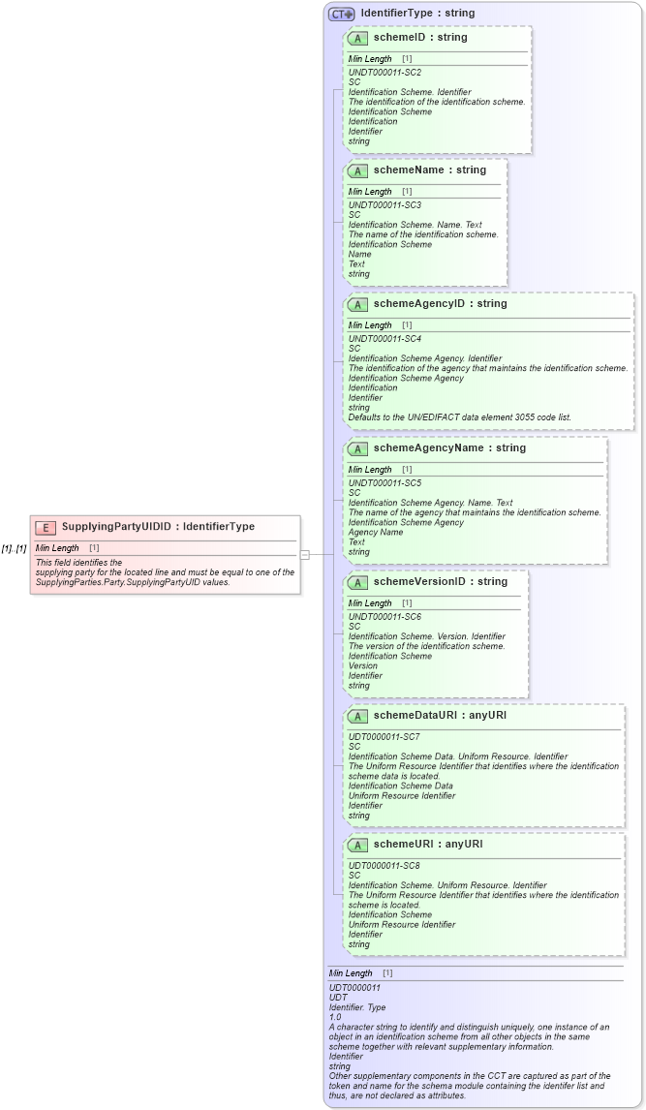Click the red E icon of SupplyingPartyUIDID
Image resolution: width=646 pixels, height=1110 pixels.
pos(45,527)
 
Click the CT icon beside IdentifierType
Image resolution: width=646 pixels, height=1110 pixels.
pos(341,14)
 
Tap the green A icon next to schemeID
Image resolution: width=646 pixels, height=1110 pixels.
pos(357,38)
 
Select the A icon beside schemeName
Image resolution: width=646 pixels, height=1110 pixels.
pos(357,170)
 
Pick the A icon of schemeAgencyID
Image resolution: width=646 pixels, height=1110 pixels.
pos(357,304)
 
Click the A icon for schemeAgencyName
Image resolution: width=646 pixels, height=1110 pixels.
pos(357,448)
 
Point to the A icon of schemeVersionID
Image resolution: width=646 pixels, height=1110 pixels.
pos(357,582)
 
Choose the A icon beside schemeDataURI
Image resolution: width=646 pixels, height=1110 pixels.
pos(357,716)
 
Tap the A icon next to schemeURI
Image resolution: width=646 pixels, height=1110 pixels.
pos(357,845)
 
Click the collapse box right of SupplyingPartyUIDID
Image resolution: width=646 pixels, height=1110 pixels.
pos(304,555)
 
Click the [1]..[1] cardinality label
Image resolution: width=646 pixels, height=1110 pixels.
pos(14,548)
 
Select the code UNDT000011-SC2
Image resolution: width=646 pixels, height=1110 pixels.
pos(385,72)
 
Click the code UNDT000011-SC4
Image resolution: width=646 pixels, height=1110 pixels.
pos(385,338)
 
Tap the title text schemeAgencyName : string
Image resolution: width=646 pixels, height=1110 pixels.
pos(449,448)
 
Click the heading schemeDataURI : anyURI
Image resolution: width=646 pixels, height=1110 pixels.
pos(440,716)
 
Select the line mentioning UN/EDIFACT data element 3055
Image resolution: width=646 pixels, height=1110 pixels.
pos(459,417)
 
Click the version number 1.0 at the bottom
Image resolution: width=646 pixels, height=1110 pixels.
pos(336,1017)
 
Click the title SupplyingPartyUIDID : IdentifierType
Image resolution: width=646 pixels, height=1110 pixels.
pos(158,527)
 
